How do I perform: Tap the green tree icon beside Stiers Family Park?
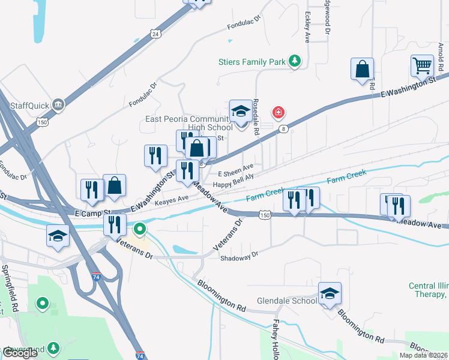pyautogui.click(x=294, y=61)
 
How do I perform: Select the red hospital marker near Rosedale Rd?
pyautogui.click(x=278, y=112)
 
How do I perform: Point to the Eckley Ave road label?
pyautogui.click(x=307, y=27)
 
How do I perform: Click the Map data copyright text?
pyautogui.click(x=423, y=355)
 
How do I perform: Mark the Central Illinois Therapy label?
pyautogui.click(x=429, y=290)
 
